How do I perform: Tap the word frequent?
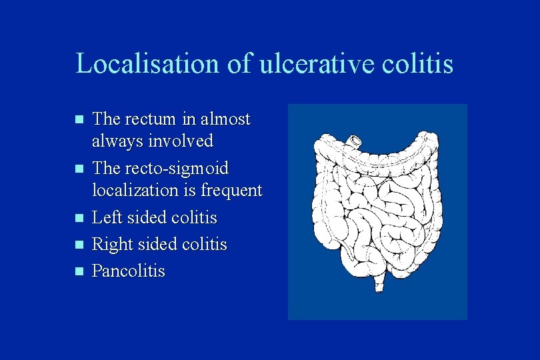(231, 191)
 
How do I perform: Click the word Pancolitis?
(128, 271)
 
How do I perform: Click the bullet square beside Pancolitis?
(79, 271)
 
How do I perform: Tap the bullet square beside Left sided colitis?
(79, 218)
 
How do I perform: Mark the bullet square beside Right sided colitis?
(79, 245)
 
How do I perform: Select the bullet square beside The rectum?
(79, 121)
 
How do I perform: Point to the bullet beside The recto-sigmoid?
(79, 169)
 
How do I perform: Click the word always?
(114, 141)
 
